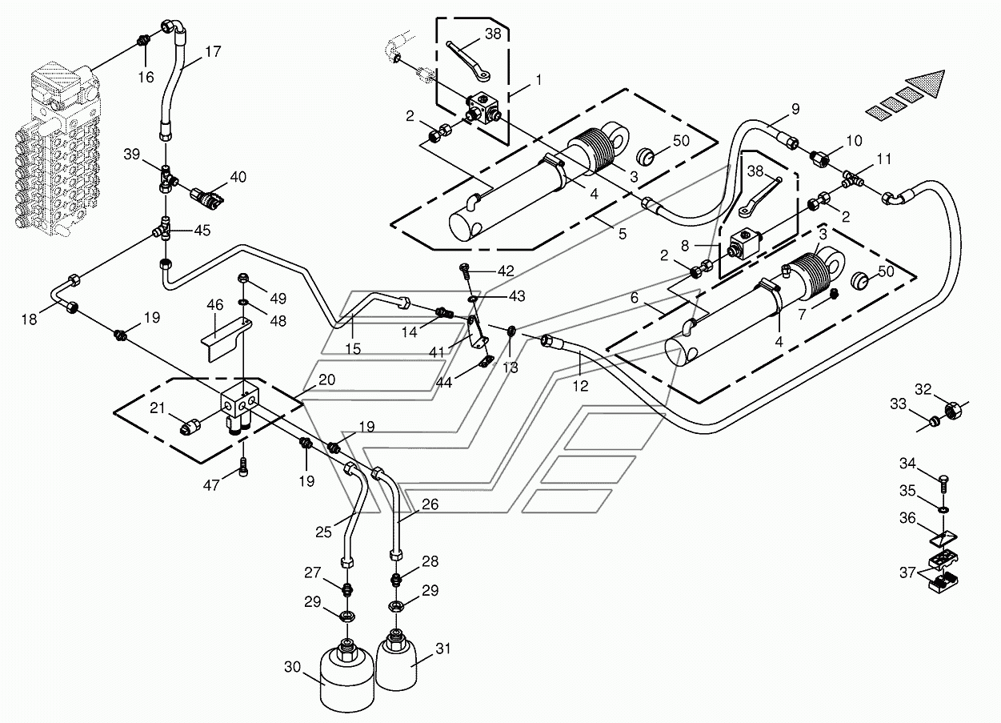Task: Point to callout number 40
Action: pos(239,177)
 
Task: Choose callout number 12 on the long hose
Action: pos(580,386)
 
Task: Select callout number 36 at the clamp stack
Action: pos(907,519)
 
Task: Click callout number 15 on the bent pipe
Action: pos(353,348)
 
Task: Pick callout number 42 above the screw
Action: pos(507,270)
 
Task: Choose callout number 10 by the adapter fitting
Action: pos(854,141)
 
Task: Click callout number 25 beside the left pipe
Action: pos(322,531)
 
